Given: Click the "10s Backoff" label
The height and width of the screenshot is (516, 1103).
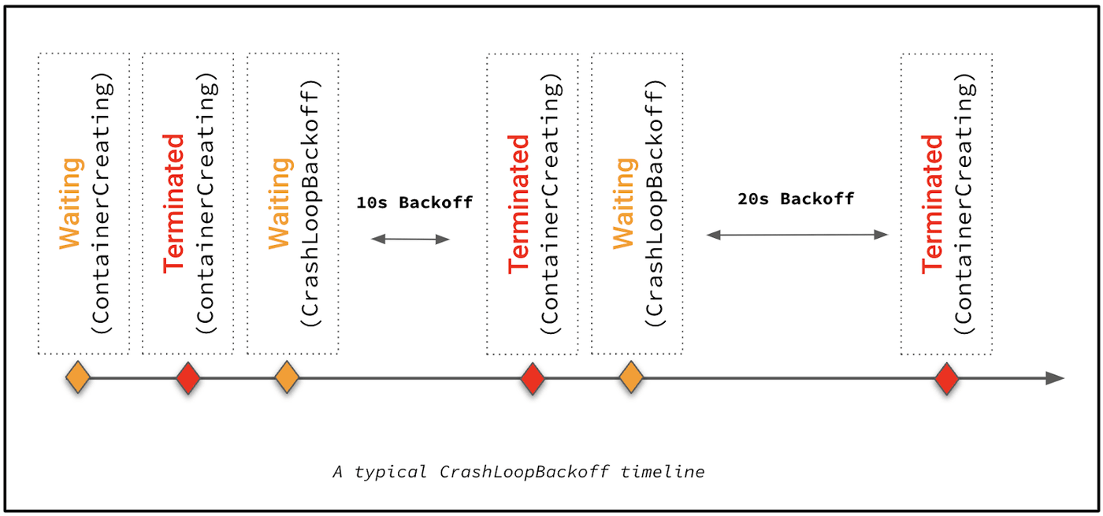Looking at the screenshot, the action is [414, 202].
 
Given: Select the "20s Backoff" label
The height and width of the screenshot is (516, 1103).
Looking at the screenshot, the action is [796, 199].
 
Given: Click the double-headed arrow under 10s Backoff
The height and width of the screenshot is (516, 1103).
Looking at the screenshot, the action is [410, 239].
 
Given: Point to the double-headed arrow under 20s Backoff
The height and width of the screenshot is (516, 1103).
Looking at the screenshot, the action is [797, 235].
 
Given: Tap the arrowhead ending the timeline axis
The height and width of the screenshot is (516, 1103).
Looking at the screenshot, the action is [1055, 378].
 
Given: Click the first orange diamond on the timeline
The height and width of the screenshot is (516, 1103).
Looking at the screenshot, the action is [78, 377].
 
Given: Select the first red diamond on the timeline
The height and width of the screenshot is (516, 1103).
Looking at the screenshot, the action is [188, 378].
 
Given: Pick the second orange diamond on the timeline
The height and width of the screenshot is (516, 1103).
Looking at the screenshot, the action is [287, 377].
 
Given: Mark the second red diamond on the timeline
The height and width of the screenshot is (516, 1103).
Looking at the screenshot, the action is [533, 379].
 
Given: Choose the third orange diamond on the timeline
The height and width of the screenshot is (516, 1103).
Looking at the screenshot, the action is [631, 377].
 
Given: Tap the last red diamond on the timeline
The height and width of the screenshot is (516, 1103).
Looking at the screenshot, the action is [947, 379].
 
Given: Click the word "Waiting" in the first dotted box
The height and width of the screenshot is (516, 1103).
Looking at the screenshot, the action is [70, 204].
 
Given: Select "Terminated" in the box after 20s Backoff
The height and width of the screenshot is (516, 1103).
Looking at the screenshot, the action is [932, 204].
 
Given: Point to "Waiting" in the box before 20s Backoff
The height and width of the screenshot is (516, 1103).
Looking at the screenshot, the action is [624, 204].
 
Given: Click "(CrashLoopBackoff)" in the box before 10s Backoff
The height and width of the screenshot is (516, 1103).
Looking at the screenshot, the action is [310, 203].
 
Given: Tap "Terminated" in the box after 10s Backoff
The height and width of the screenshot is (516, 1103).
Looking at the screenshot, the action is [518, 204].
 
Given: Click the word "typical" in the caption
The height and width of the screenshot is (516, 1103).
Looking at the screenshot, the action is [390, 472].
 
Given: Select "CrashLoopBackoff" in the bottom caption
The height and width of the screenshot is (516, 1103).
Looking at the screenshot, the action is [524, 472].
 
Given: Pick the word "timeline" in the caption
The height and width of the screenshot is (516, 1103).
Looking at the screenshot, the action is [663, 472].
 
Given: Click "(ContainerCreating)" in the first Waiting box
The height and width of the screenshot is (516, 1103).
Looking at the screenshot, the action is [102, 203].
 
